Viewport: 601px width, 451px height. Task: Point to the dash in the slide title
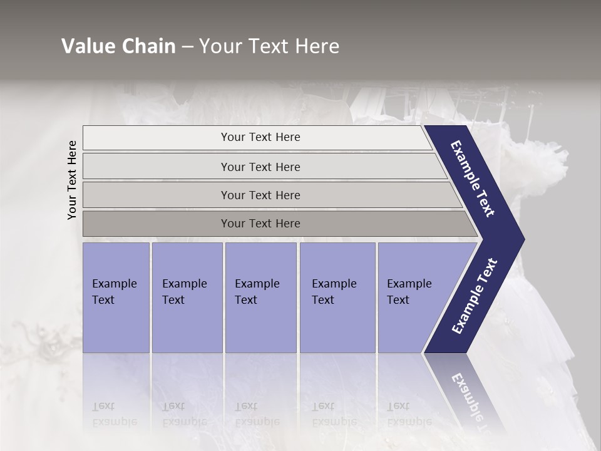point(187,47)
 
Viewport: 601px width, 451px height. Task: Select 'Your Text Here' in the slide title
point(269,46)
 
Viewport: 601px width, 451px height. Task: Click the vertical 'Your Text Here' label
point(72,180)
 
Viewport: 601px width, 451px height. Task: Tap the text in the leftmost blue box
point(114,292)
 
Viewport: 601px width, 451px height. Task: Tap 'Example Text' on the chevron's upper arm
point(473,179)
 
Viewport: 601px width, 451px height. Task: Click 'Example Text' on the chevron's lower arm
point(474,296)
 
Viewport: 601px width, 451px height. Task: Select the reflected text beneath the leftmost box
point(114,414)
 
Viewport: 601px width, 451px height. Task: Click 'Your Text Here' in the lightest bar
point(260,137)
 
